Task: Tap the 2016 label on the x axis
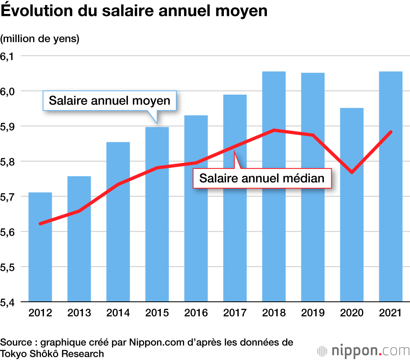(196, 313)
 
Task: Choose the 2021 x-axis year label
(391, 313)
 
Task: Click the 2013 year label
(79, 313)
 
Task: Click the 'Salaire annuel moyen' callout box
(109, 100)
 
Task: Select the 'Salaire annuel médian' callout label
(262, 178)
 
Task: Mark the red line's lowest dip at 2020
(351, 172)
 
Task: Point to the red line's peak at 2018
(274, 130)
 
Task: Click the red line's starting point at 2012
(40, 223)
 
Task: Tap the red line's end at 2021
(391, 132)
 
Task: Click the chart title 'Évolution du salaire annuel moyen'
(134, 11)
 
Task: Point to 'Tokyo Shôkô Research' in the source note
(52, 353)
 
